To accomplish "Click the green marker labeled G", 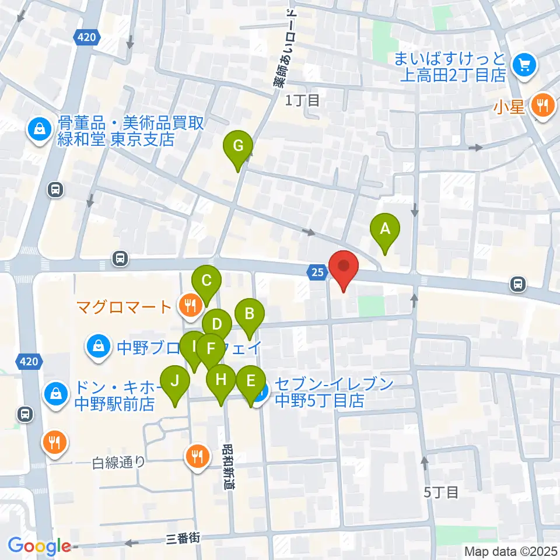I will click(x=238, y=146).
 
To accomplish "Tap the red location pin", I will click(x=344, y=268).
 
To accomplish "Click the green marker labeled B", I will click(x=249, y=315).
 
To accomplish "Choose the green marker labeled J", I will click(x=174, y=381).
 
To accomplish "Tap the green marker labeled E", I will click(x=251, y=381).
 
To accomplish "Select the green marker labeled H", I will click(x=220, y=380).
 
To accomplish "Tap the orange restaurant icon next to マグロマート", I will click(x=189, y=304).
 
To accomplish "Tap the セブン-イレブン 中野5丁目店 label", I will click(x=319, y=393).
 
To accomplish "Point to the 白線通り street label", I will click(x=118, y=463).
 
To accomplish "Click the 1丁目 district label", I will click(x=302, y=100).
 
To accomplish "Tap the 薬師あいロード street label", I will click(x=286, y=50).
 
